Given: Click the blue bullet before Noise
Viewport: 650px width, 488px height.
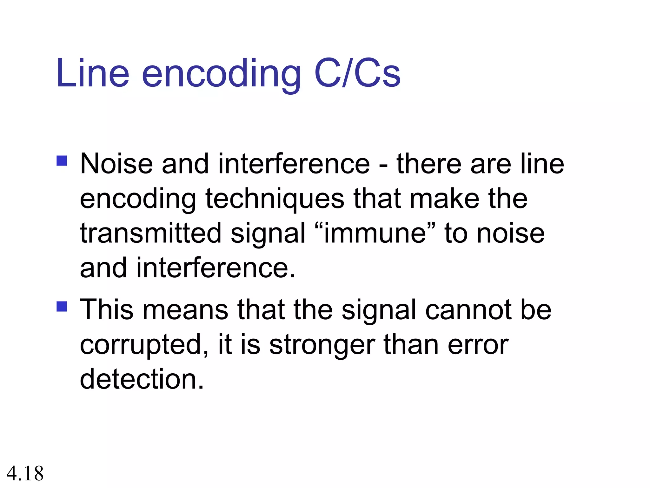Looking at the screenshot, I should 62,161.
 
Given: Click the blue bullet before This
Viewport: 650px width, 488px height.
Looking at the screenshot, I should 62,307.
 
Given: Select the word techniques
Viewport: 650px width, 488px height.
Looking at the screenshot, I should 275,200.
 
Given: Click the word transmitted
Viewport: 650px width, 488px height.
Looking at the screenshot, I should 150,234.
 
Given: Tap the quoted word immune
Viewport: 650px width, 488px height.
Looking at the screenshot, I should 375,234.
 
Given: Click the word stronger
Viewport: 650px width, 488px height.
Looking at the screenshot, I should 322,346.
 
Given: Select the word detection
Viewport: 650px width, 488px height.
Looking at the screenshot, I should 142,379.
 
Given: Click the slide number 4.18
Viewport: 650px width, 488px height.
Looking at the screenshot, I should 25,473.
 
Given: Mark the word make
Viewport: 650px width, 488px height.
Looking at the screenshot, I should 444,199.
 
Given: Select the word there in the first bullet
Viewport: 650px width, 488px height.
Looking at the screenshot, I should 429,164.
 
